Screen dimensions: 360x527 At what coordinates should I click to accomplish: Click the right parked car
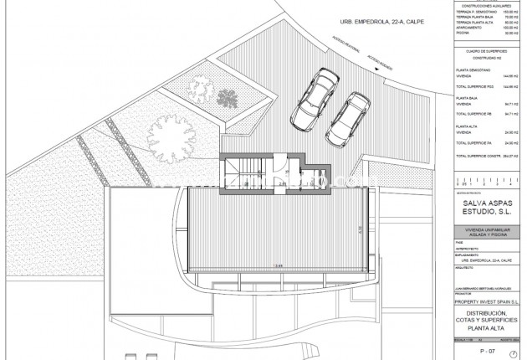(350, 117)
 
